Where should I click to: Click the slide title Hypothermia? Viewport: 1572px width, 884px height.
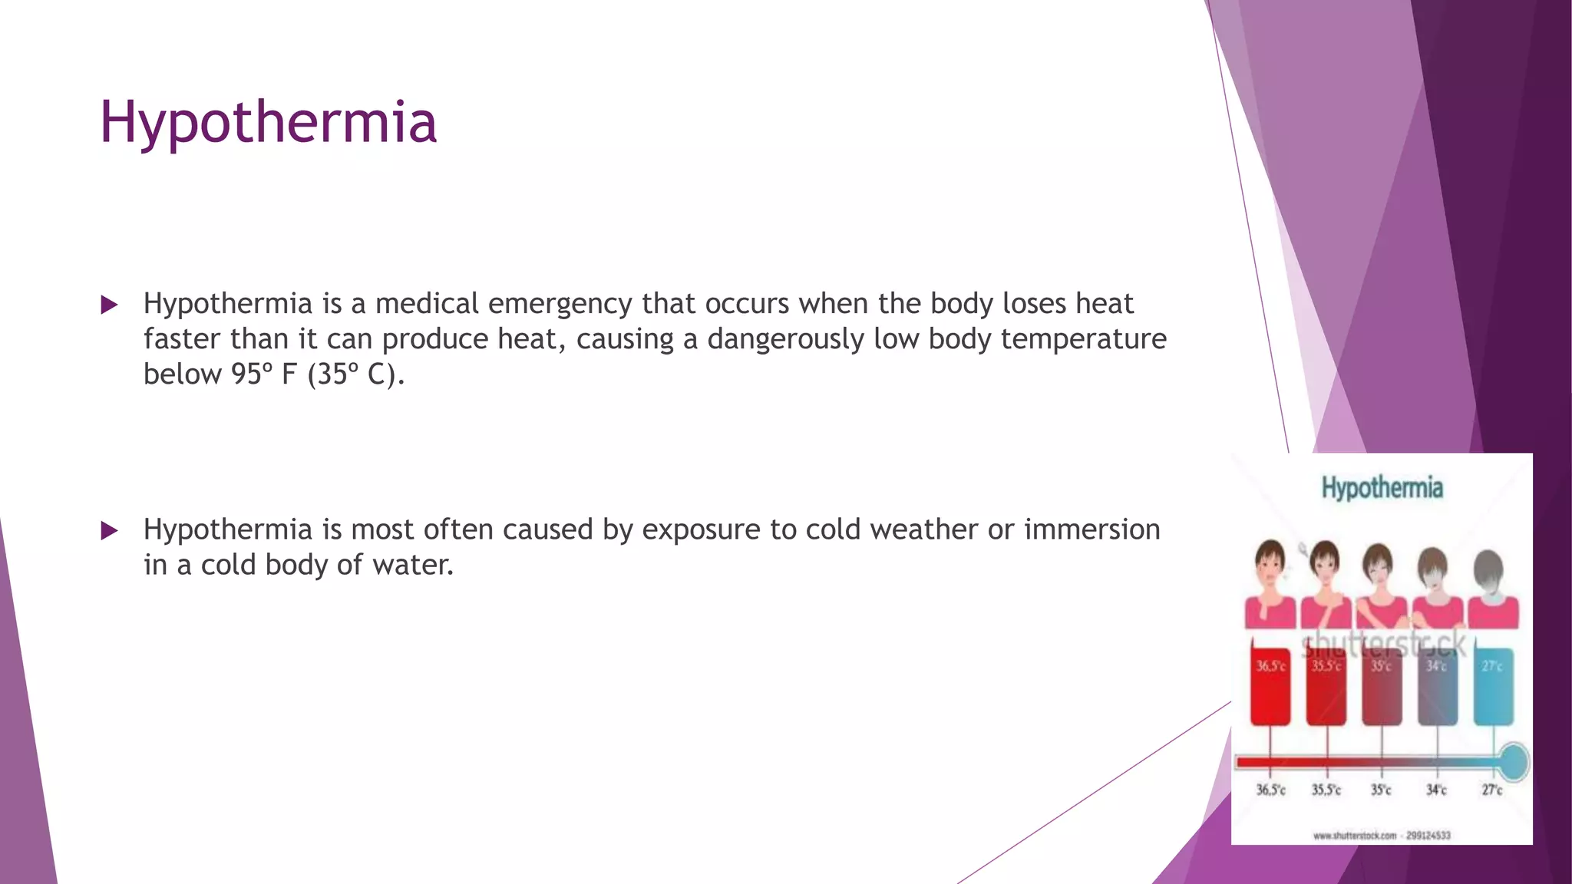pos(268,122)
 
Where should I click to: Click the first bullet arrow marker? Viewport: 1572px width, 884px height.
pos(109,305)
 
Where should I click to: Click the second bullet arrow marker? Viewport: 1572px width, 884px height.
pos(109,531)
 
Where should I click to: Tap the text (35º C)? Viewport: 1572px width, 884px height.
pos(355,374)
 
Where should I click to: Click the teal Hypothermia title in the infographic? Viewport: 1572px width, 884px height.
pos(1382,488)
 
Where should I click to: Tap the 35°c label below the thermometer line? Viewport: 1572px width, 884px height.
pos(1381,790)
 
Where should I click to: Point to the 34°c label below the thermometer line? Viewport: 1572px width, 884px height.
pos(1436,790)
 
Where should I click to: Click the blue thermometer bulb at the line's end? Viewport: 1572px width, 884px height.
pos(1514,762)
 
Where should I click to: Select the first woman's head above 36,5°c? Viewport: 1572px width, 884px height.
pos(1270,564)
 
